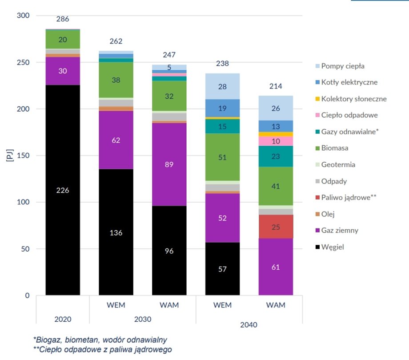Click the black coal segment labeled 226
pyautogui.click(x=63, y=190)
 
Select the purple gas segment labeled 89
pyautogui.click(x=169, y=164)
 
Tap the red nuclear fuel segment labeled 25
pyautogui.click(x=276, y=227)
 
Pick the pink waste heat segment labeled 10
pyautogui.click(x=276, y=141)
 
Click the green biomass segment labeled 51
pyautogui.click(x=222, y=157)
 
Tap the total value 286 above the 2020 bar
pyautogui.click(x=63, y=19)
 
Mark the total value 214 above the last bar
pyautogui.click(x=276, y=86)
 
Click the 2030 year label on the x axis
pyautogui.click(x=142, y=319)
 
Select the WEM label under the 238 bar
pyautogui.click(x=222, y=305)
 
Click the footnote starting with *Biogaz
pyautogui.click(x=100, y=340)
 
